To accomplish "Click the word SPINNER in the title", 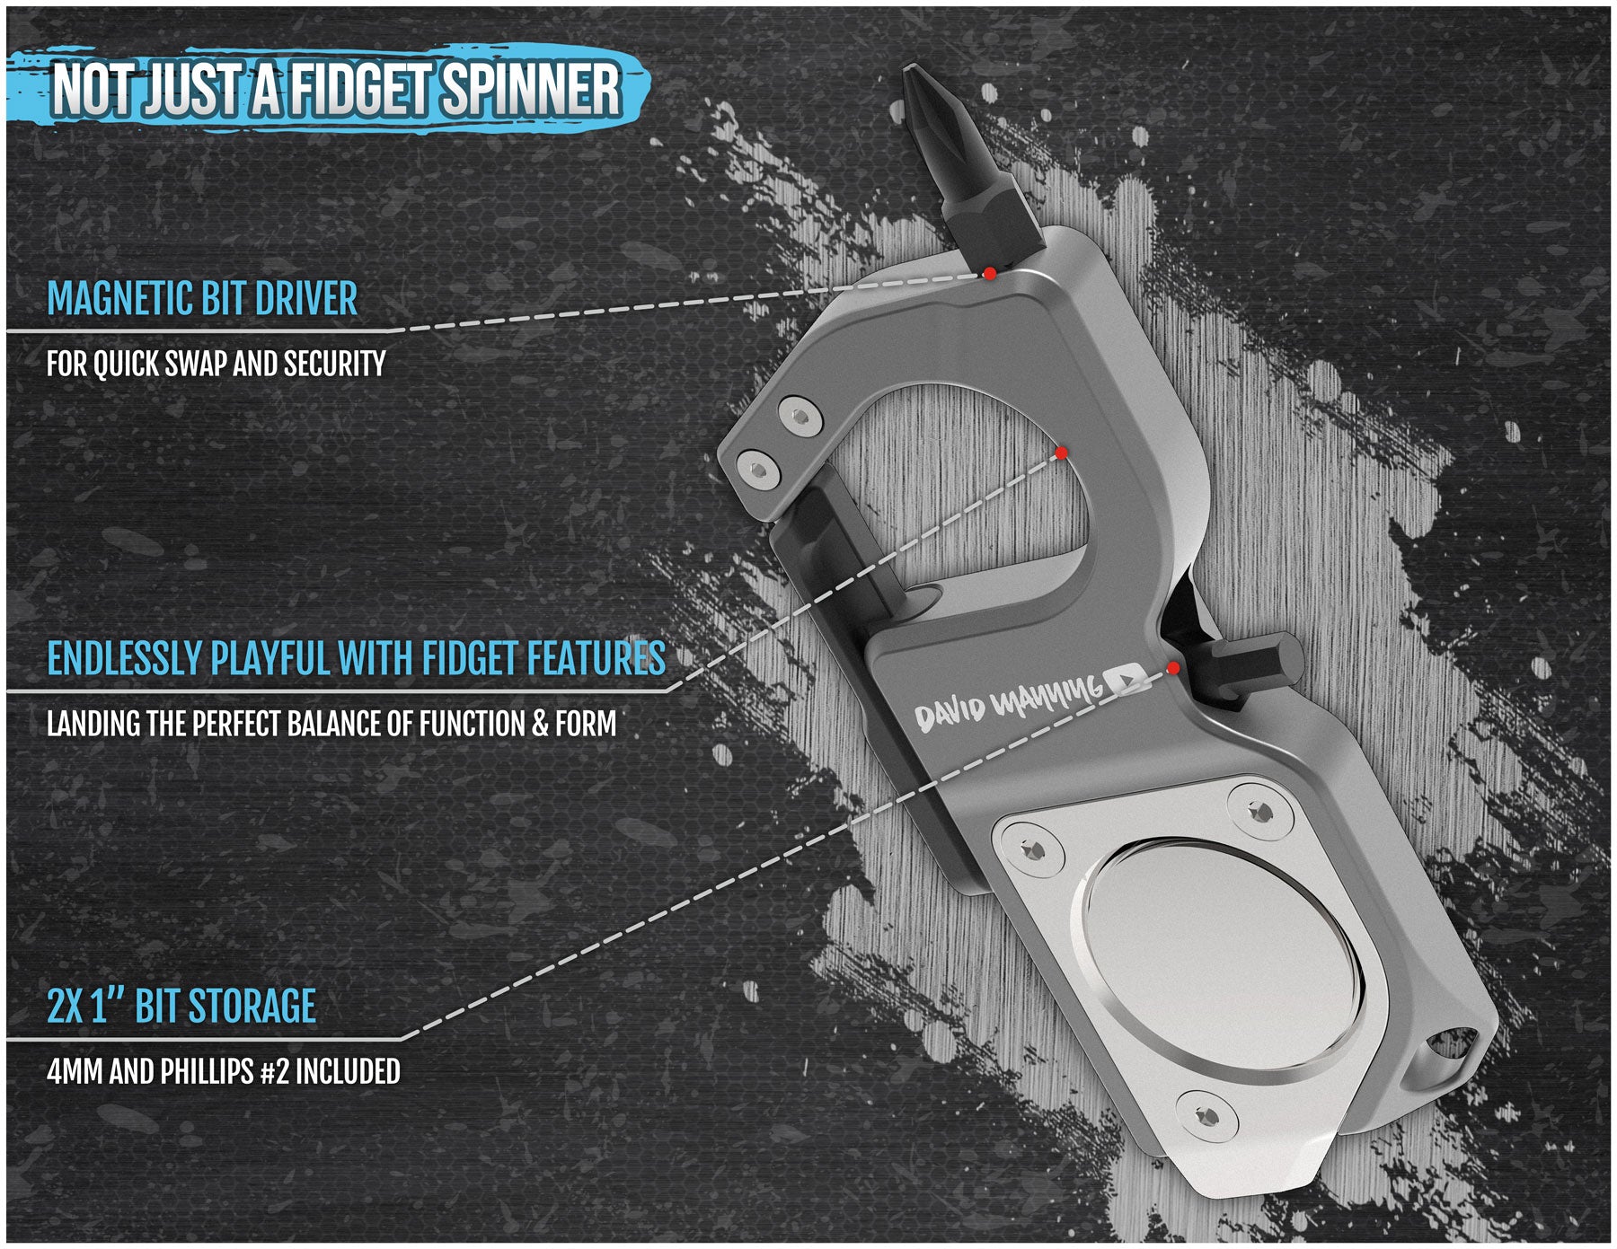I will [531, 90].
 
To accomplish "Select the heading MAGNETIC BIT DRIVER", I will [202, 299].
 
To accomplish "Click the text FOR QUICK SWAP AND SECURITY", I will [216, 365].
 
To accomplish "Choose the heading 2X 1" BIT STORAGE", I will [181, 1007].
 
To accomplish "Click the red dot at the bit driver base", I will [989, 273].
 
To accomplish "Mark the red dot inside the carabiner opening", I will [1060, 452].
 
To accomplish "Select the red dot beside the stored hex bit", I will [1172, 668].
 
